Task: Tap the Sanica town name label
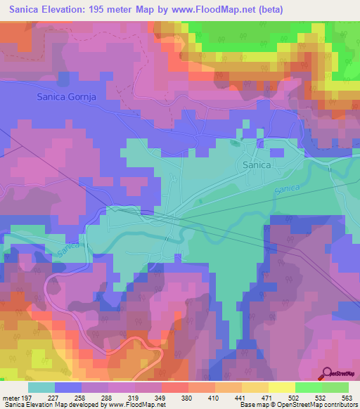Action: coord(257,164)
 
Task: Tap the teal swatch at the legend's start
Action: coord(41,387)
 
